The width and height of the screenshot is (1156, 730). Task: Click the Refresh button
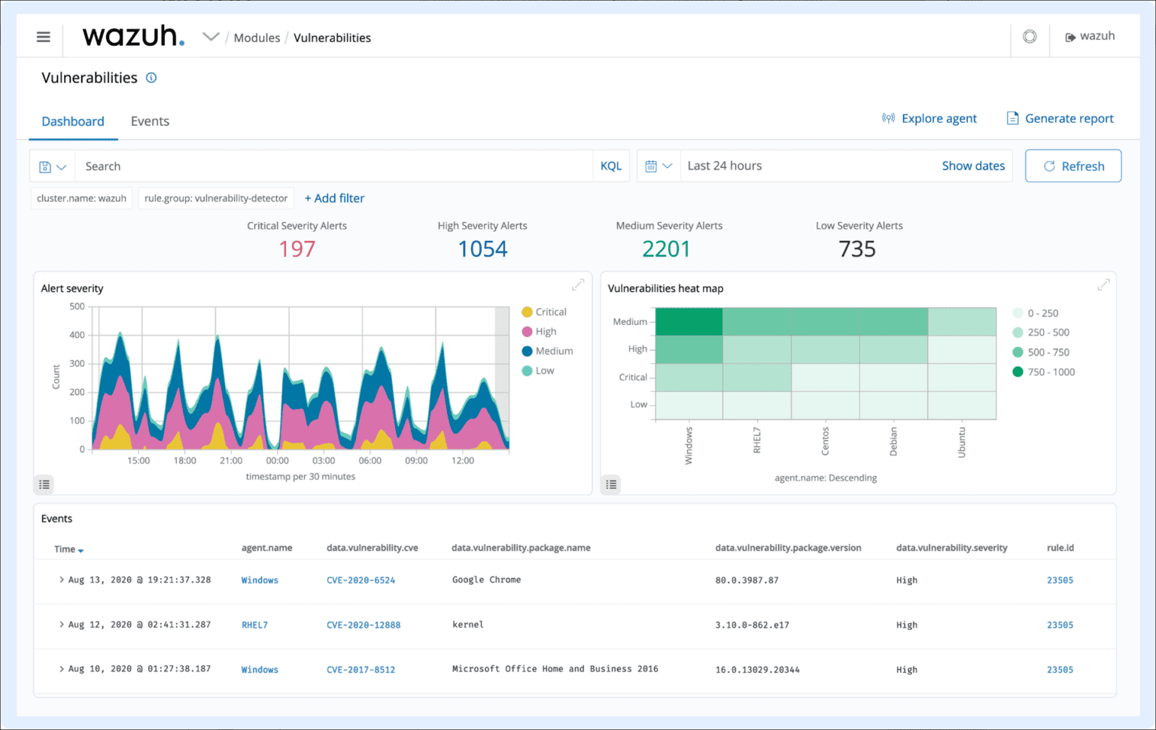click(1073, 166)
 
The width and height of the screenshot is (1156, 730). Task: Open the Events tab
click(150, 121)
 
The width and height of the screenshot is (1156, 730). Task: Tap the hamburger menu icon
click(44, 37)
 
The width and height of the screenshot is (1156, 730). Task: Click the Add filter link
click(334, 198)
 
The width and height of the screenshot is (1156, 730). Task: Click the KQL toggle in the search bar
click(610, 166)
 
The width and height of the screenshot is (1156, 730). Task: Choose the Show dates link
click(972, 166)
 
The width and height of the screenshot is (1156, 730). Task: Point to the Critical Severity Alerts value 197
click(297, 249)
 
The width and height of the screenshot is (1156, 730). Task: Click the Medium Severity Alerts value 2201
click(666, 249)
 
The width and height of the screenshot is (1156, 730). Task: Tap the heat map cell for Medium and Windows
click(689, 321)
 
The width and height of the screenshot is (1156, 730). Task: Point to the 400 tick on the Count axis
click(77, 335)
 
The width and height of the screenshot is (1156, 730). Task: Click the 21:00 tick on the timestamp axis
click(231, 461)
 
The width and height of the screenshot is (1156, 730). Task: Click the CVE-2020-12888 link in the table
click(364, 625)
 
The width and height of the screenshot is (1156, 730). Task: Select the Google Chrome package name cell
click(486, 579)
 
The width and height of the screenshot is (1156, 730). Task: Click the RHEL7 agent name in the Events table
click(254, 625)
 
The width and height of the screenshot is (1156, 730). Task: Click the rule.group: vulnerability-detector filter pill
click(216, 198)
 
